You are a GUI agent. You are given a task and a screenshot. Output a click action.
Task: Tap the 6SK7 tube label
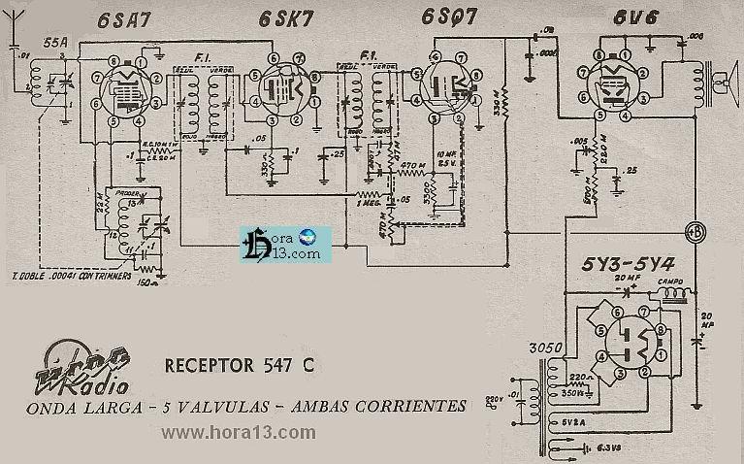point(282,18)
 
